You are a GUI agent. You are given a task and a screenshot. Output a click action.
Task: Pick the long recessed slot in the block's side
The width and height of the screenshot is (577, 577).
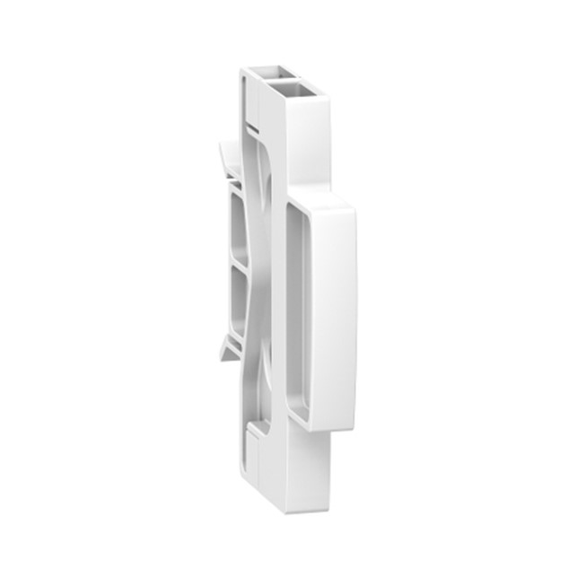tap(297, 314)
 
